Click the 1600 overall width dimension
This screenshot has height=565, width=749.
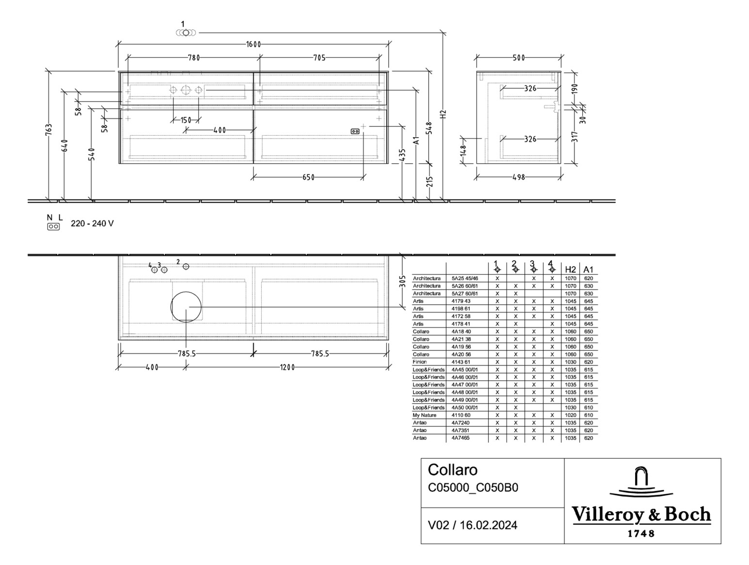pos(253,45)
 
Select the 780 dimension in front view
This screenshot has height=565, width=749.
pos(193,58)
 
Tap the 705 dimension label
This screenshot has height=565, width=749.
pos(319,58)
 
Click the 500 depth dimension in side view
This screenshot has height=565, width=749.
pos(518,58)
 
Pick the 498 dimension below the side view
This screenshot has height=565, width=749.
pos(518,177)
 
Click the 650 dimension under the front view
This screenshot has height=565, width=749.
pos(308,177)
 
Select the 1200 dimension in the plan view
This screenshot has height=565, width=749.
pos(287,367)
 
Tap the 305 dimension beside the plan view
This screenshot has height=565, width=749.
pos(402,282)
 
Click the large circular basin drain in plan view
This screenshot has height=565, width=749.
pos(186,307)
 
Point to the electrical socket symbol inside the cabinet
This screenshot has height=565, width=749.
pos(355,131)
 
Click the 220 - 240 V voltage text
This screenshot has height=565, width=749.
pos(92,223)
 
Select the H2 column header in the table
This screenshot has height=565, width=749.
pos(571,269)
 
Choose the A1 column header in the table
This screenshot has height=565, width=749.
pos(588,269)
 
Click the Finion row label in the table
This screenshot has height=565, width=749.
pos(420,362)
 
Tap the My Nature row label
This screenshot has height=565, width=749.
pos(424,415)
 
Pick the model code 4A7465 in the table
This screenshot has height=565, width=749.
pos(460,438)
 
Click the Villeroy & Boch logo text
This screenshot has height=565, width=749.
pos(641,515)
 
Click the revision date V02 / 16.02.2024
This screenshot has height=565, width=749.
pos(472,525)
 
